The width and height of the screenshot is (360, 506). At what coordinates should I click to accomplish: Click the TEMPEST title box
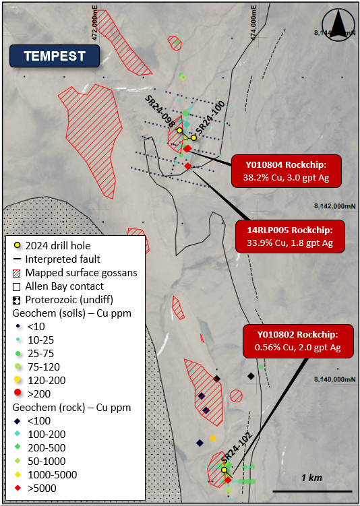point(55,57)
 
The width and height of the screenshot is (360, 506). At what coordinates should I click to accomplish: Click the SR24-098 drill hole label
point(162,108)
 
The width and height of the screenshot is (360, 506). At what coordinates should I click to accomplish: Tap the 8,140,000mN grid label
point(334,379)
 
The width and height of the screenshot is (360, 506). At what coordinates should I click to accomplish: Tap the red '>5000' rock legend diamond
point(18,487)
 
